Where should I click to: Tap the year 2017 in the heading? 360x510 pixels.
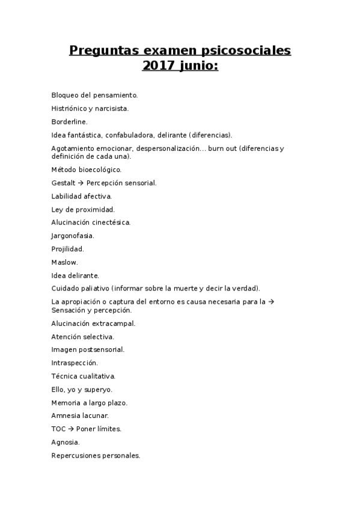pos(157,66)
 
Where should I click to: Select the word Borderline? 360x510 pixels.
pos(69,121)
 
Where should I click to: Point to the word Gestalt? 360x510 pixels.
pos(63,183)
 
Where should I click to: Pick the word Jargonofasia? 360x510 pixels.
pos(73,236)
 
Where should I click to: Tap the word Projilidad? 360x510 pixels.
pos(67,249)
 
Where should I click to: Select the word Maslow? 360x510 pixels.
pos(64,262)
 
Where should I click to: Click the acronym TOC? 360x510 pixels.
pos(58,429)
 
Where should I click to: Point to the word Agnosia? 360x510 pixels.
pos(66,442)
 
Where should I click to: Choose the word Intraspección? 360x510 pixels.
pos(75,363)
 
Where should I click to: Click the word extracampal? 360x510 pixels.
pos(114,323)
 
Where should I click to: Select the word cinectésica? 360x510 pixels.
pos(111,223)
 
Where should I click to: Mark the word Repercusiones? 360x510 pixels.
pos(76,455)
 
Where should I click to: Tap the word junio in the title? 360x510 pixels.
pos(198,66)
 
